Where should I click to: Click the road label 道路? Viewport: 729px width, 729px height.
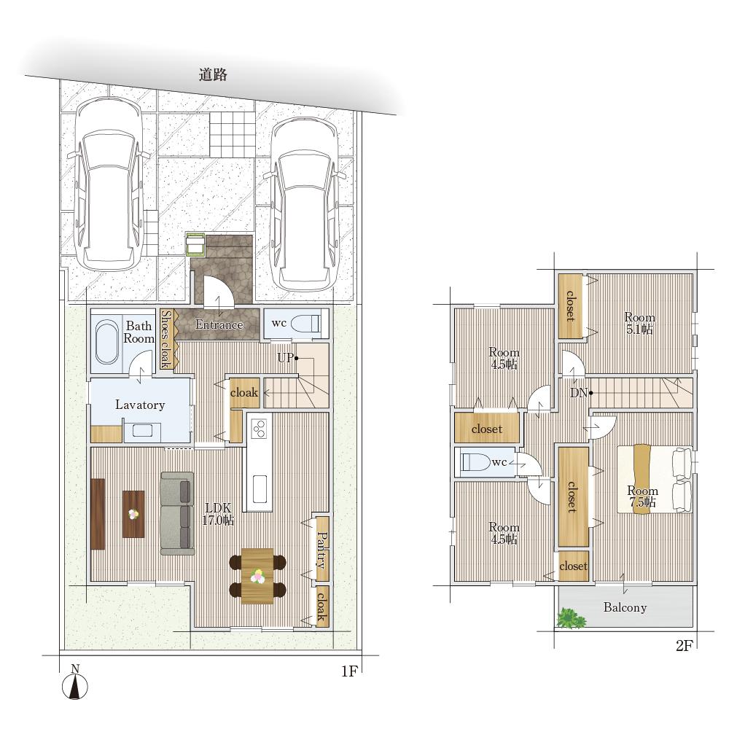point(213,74)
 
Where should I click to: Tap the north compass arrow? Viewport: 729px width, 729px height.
point(75,686)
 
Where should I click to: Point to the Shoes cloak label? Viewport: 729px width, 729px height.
point(166,339)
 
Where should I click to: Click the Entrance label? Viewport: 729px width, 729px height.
point(219,324)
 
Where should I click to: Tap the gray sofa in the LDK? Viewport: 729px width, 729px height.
point(177,513)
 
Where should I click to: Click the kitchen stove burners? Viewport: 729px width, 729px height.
point(259,428)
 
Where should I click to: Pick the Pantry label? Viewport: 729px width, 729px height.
point(321,550)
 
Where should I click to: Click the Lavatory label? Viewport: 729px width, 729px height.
point(140,405)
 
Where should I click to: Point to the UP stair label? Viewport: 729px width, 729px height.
point(286,357)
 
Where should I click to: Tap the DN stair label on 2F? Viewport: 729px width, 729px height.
point(579,393)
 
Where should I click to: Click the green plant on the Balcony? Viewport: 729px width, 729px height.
point(572,618)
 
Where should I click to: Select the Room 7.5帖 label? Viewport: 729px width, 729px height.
point(642,496)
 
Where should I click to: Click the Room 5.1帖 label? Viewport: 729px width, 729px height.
point(639,323)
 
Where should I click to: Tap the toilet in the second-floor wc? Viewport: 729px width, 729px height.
point(475,462)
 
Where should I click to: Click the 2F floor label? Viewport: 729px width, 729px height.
point(685,645)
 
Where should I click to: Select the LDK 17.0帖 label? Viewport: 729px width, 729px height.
point(217,514)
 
